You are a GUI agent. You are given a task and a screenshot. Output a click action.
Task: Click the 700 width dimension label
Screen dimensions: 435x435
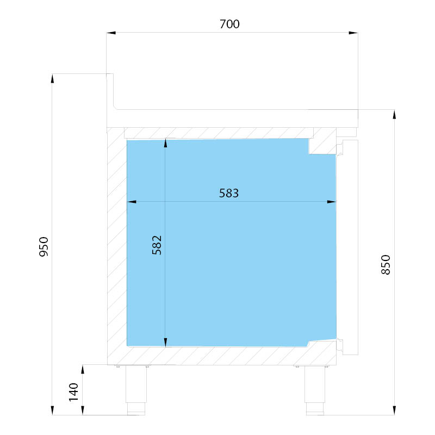tap(229, 24)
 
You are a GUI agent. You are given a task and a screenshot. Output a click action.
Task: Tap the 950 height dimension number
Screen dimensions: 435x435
tap(44, 247)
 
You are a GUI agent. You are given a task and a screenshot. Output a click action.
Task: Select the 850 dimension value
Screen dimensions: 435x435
tap(386, 265)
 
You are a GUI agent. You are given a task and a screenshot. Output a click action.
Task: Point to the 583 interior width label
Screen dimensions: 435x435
tap(229, 193)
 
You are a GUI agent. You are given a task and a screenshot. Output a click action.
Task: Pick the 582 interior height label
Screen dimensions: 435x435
tap(157, 245)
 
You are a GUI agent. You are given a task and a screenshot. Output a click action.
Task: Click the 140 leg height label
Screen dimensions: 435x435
tap(73, 392)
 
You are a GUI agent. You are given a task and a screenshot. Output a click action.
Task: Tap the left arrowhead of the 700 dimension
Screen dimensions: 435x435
tap(111, 33)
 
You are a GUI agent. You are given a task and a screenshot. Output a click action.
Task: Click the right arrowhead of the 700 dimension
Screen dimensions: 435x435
tap(353, 33)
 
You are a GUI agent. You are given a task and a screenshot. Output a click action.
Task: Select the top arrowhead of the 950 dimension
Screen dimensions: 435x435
tap(52, 78)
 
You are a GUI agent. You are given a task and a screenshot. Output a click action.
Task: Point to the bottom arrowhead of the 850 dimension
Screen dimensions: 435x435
tap(394, 411)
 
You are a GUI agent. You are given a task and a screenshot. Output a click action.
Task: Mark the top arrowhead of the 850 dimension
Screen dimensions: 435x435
tap(394, 114)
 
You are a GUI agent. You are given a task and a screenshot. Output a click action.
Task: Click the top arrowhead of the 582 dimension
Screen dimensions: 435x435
tap(165, 143)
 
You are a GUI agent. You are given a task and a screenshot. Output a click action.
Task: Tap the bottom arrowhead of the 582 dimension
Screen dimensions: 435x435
tap(165, 343)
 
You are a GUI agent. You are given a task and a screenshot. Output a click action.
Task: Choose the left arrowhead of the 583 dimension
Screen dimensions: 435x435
tap(132, 202)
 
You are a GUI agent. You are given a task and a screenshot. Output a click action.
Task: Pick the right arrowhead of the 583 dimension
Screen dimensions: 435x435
tap(332, 202)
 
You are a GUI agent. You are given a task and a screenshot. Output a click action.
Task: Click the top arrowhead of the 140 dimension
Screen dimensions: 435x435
tap(83, 370)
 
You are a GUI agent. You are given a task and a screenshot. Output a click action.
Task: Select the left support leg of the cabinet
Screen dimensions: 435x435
tap(136, 390)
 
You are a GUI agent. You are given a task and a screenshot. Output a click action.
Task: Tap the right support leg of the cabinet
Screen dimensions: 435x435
tap(315, 390)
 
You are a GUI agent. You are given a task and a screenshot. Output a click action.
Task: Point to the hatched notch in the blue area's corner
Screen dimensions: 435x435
tap(322, 146)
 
